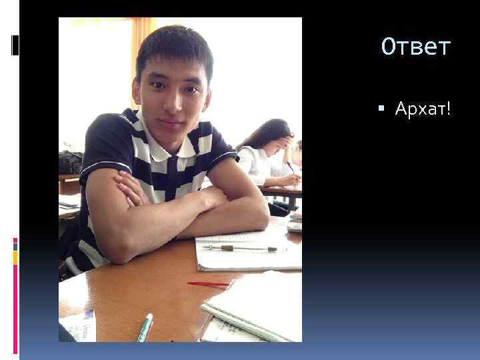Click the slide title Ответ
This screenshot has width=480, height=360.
point(416,47)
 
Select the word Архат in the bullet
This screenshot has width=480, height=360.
point(419,108)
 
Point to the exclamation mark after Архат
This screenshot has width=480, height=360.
point(448,108)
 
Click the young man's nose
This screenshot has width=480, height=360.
point(171,103)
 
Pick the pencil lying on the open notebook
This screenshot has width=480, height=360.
point(240,248)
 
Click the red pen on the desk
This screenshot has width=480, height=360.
point(208,284)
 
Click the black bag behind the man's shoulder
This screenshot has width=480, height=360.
point(70,162)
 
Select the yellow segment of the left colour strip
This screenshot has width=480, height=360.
point(15,257)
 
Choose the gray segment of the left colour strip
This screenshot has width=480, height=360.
point(15,245)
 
